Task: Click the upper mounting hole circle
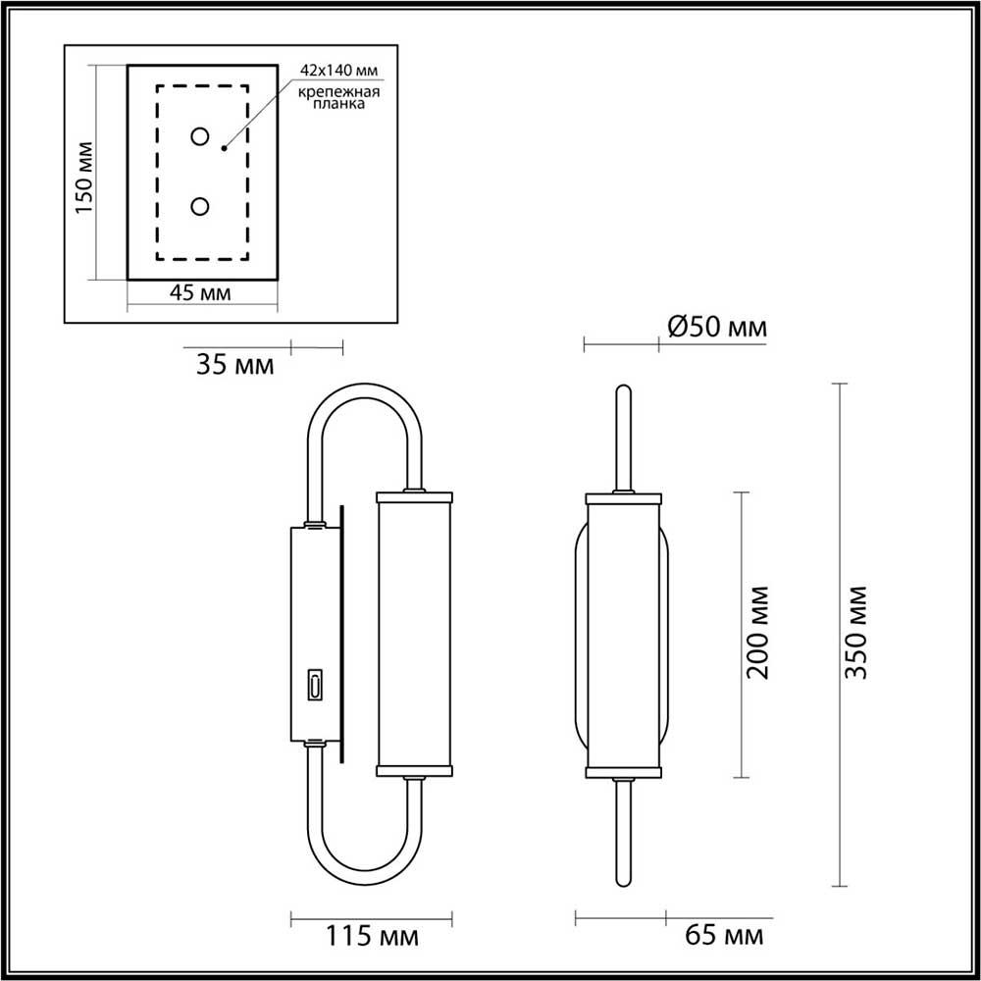click(x=200, y=137)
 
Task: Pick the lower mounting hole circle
click(x=200, y=206)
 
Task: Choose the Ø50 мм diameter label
click(x=717, y=328)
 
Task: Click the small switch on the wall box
click(x=316, y=685)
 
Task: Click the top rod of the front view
click(x=622, y=437)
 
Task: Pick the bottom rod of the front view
click(x=622, y=829)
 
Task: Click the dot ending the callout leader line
click(x=224, y=149)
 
